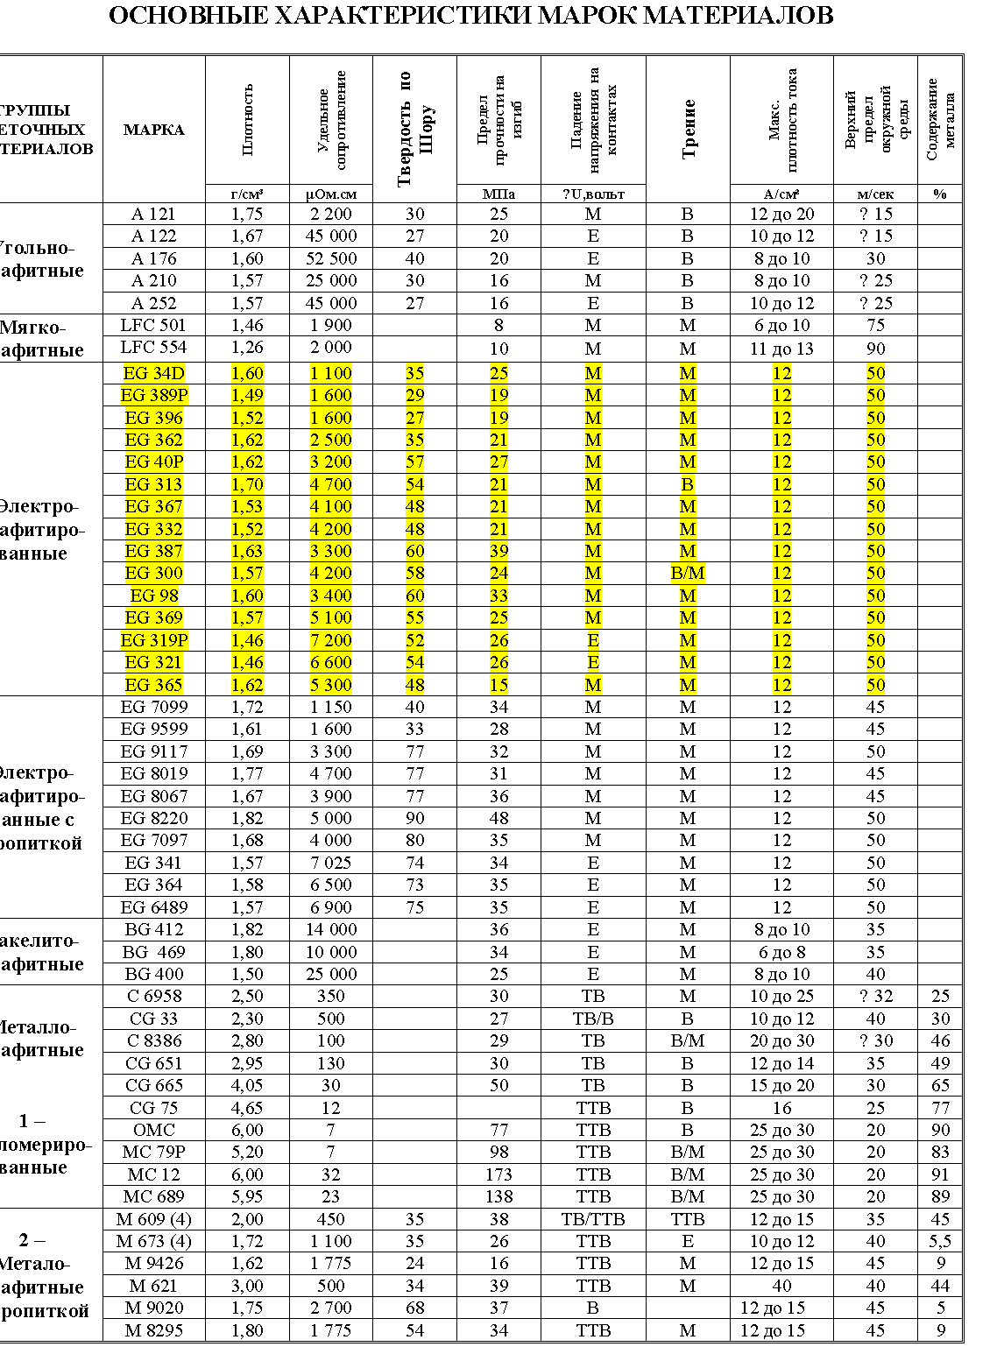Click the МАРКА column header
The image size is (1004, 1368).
click(x=154, y=130)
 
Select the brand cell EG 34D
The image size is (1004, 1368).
click(x=154, y=373)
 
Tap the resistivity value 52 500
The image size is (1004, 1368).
click(x=331, y=258)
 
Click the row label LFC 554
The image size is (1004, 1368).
click(x=154, y=348)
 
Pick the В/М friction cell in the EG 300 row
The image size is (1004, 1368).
click(x=688, y=574)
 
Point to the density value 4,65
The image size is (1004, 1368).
click(x=247, y=1108)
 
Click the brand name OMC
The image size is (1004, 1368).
click(x=154, y=1130)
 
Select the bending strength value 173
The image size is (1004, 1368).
click(x=498, y=1174)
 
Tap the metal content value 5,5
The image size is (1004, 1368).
click(x=940, y=1241)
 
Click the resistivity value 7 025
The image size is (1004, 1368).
click(x=331, y=863)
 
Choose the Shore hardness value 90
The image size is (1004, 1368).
click(x=414, y=818)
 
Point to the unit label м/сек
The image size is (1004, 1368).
click(x=875, y=194)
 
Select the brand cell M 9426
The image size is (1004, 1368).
click(x=154, y=1263)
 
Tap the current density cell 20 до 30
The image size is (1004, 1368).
click(x=781, y=1040)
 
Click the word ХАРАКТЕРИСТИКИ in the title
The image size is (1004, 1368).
click(x=399, y=16)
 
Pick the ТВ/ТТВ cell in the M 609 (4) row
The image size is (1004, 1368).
click(x=593, y=1219)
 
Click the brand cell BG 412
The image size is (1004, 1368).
click(x=154, y=929)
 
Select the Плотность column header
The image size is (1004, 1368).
click(x=248, y=119)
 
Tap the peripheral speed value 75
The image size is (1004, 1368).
click(x=875, y=325)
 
